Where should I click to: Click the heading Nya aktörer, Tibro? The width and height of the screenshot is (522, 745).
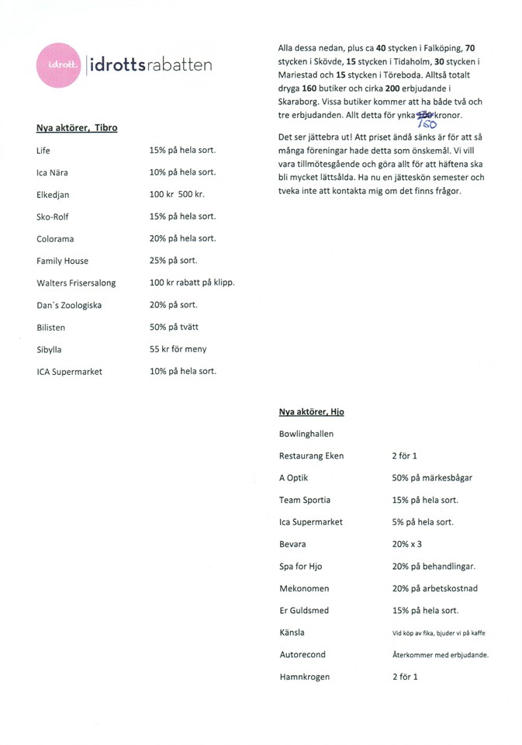coord(77,127)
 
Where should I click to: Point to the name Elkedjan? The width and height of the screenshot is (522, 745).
coord(54,195)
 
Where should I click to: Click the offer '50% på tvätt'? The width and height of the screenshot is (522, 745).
coord(174,327)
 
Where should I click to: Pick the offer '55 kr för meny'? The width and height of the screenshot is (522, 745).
coord(178,349)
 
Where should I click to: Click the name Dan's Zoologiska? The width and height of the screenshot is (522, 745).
coord(68,306)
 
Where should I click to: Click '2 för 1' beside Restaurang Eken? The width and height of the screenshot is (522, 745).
coord(405,456)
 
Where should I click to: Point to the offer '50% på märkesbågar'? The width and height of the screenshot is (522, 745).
coord(432,478)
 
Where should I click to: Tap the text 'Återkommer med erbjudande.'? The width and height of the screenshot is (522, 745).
coord(440,655)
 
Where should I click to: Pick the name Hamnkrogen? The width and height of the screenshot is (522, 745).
coord(304,677)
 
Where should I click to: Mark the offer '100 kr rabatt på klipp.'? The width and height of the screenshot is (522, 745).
coord(192,282)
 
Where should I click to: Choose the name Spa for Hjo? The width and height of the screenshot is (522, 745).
coord(303,567)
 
